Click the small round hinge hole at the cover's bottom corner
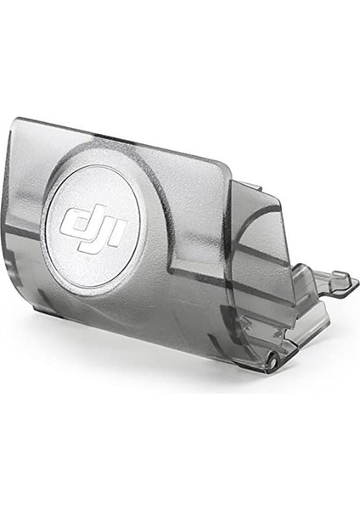(x=274, y=361)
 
